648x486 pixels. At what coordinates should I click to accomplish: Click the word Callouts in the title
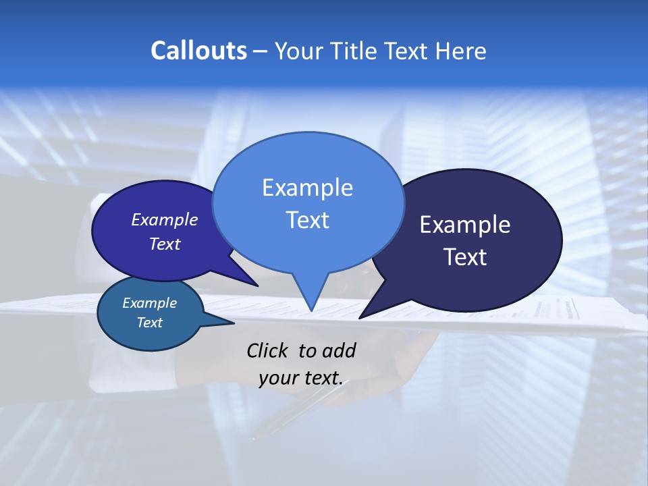(x=198, y=51)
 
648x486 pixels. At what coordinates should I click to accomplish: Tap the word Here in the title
(x=460, y=51)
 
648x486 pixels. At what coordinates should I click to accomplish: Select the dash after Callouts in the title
(x=261, y=51)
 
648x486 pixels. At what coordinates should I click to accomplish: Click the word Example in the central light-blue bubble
(x=307, y=188)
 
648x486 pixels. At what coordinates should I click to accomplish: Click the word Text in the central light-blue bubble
(x=307, y=220)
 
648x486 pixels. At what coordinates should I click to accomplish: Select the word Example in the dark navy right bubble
(x=464, y=225)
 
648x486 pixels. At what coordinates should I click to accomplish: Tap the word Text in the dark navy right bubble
(x=464, y=257)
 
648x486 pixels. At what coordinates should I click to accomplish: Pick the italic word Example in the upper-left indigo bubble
(x=164, y=219)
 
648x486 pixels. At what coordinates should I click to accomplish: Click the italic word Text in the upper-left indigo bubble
(x=164, y=244)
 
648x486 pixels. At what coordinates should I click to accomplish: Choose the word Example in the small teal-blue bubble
(x=149, y=303)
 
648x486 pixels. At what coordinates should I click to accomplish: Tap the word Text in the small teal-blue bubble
(x=149, y=323)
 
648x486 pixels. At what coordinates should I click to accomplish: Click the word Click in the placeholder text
(x=269, y=350)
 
